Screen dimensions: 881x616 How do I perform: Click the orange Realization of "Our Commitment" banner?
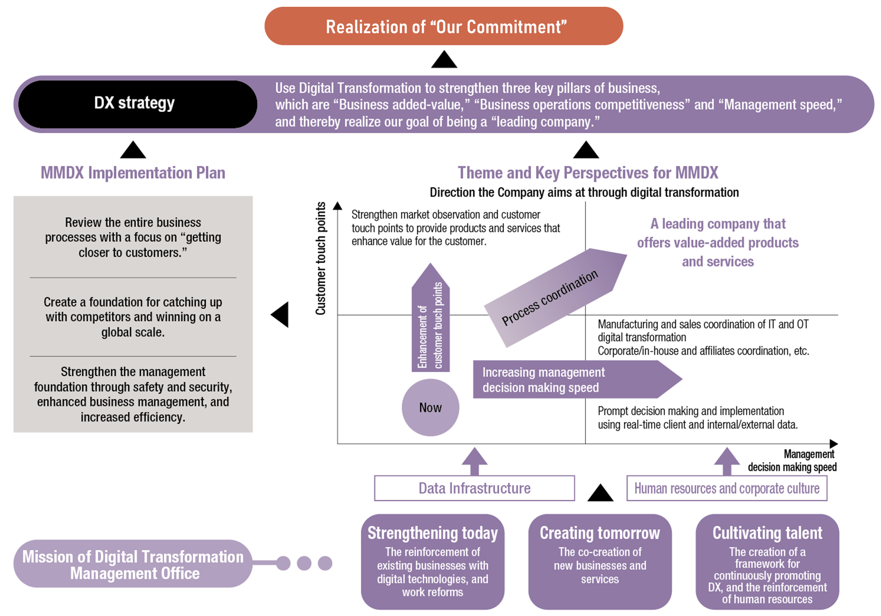tap(444, 26)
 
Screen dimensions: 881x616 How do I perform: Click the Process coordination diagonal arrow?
tap(555, 298)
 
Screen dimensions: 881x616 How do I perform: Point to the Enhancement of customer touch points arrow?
tap(431, 317)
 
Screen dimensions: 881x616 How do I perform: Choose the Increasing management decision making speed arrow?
tap(577, 379)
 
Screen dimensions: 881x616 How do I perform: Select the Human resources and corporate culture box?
tap(727, 488)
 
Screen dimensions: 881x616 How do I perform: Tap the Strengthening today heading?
tap(433, 533)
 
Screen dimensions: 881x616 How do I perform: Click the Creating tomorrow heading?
tap(600, 533)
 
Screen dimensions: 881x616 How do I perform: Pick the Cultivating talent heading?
tap(767, 533)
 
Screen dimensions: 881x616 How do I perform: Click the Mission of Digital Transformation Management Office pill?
tap(133, 563)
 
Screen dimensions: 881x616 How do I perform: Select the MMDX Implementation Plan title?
tap(133, 173)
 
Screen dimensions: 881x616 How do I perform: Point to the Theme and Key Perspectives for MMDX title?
tap(588, 173)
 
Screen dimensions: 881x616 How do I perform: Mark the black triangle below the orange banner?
tap(444, 59)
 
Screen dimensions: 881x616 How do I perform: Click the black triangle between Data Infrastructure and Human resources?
tap(600, 493)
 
